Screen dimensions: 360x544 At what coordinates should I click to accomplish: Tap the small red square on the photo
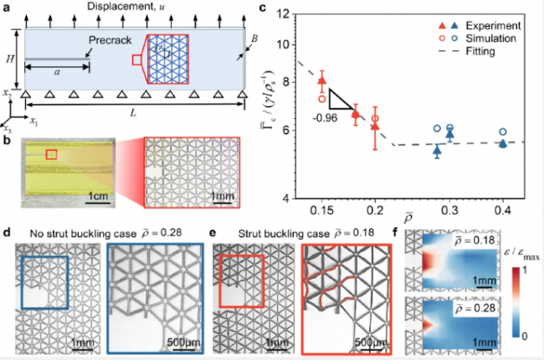tap(52, 154)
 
